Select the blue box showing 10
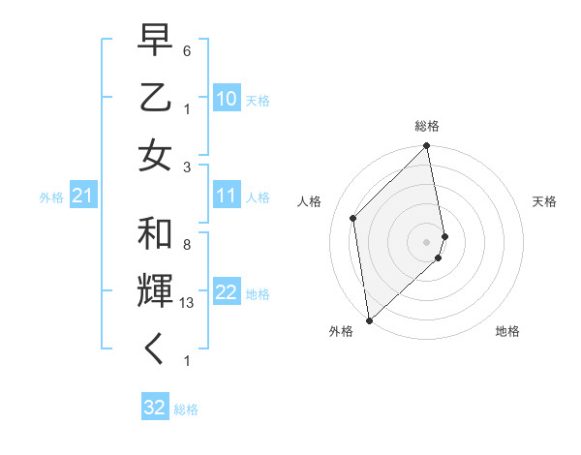227,99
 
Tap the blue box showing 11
227,197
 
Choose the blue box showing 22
227,293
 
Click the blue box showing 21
82,197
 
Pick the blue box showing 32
155,408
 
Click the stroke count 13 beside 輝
187,302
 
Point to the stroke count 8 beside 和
186,244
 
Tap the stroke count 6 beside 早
186,49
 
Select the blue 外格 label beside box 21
51,197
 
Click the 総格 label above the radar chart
426,126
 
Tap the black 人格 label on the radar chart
310,201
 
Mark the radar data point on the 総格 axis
426,147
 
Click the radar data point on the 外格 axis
369,319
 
